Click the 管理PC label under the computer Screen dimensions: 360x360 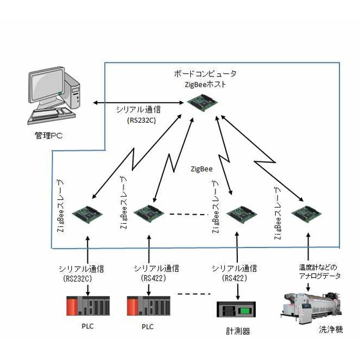point(49,136)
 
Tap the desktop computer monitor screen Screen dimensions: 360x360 point(48,85)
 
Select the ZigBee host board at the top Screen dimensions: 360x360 point(203,102)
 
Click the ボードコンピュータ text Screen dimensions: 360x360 point(205,74)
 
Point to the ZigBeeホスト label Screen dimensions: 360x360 point(205,84)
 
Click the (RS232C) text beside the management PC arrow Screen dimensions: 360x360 point(141,120)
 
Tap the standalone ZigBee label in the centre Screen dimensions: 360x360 point(202,169)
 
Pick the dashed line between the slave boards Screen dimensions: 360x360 point(189,215)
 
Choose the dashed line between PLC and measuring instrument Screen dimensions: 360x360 point(194,294)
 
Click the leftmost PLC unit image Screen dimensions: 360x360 point(88,306)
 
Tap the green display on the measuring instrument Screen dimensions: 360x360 point(245,311)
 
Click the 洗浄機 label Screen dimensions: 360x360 point(331,330)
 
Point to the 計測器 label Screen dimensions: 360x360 point(238,331)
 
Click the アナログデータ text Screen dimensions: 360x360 point(320,276)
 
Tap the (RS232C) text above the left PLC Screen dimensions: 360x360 point(77,278)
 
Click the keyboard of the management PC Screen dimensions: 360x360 point(51,115)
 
